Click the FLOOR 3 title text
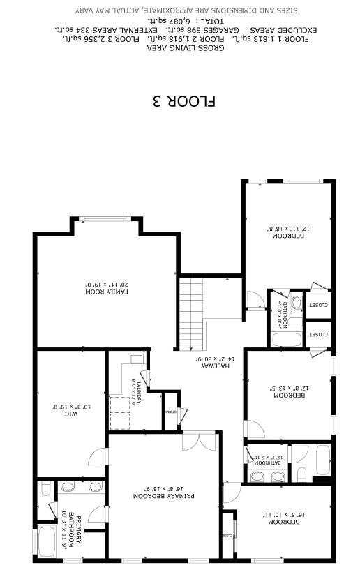(x=183, y=101)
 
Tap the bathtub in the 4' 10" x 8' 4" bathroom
(x=285, y=340)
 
